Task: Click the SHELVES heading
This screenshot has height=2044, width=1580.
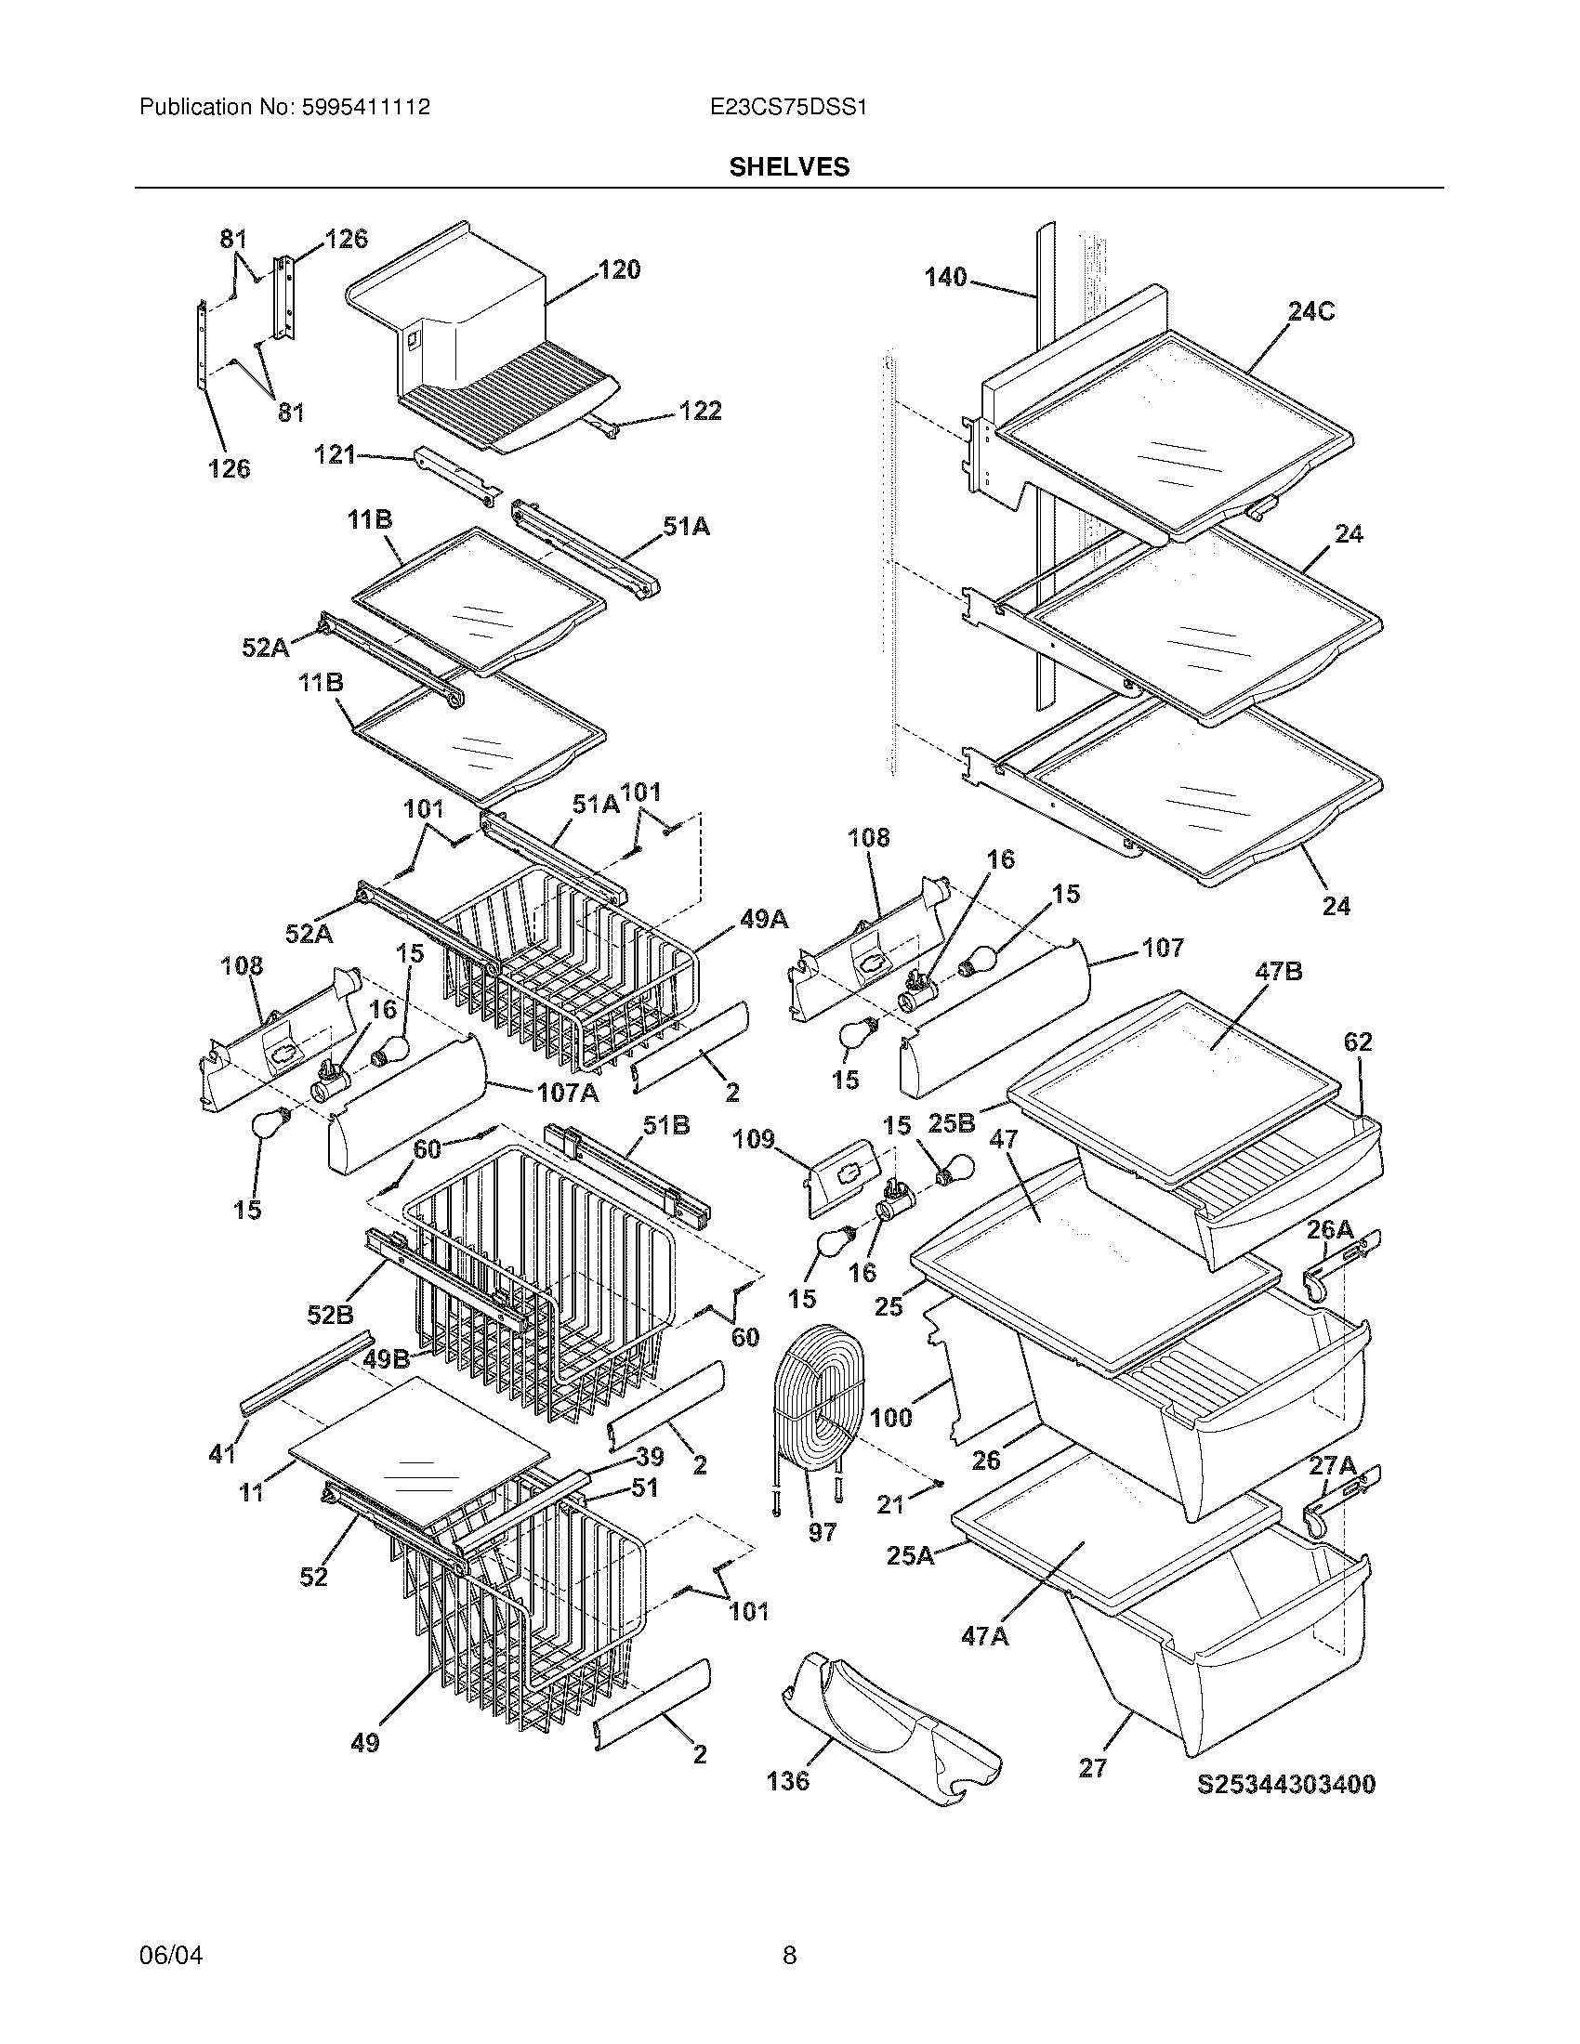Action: click(x=789, y=166)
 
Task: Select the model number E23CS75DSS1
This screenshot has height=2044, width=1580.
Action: click(x=788, y=108)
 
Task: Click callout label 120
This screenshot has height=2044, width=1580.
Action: click(x=619, y=270)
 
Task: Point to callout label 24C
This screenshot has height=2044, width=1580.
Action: click(x=1310, y=311)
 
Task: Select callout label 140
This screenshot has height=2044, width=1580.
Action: click(x=945, y=277)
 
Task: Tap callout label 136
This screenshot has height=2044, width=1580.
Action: click(x=787, y=1780)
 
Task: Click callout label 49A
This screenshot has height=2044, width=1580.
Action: click(x=764, y=920)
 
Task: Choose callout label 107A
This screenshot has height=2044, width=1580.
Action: click(x=568, y=1092)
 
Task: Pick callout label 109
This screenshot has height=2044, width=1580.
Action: click(x=754, y=1139)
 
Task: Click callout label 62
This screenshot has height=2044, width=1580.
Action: click(x=1357, y=1042)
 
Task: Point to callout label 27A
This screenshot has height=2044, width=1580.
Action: click(x=1333, y=1464)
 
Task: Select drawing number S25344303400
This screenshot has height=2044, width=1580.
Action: click(x=1287, y=1784)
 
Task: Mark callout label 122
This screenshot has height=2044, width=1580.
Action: click(x=699, y=411)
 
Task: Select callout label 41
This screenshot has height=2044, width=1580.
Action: click(x=221, y=1453)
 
